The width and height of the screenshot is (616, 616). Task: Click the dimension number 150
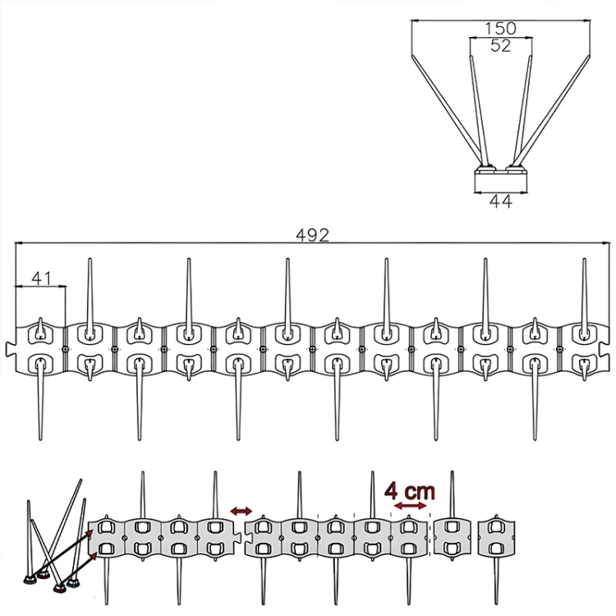[x=500, y=28]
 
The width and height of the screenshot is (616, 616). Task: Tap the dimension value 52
[x=500, y=46]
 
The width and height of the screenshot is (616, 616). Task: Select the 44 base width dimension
[x=501, y=201]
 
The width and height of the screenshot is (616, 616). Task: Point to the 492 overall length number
[x=312, y=236]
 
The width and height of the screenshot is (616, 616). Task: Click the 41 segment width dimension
[x=41, y=278]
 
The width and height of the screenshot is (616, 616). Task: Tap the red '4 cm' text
[x=410, y=491]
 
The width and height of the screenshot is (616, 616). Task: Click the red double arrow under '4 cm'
[x=410, y=506]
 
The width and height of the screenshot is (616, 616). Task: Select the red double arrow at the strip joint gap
[x=241, y=511]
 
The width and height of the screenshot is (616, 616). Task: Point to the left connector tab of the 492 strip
[x=10, y=349]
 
